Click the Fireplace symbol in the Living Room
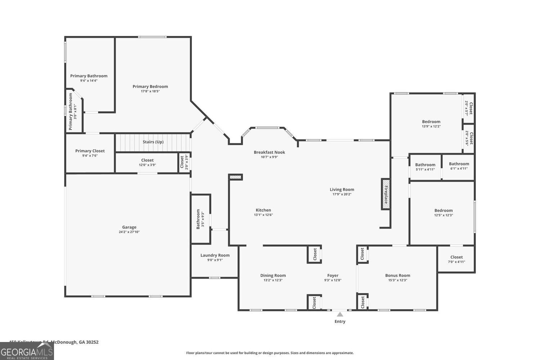pos(386,194)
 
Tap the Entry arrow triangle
pos(340,314)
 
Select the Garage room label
pos(129,227)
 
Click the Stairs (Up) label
pos(153,142)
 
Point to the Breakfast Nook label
pos(269,152)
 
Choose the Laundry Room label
pos(215,255)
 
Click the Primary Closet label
pos(90,151)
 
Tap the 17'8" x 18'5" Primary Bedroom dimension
pos(150,91)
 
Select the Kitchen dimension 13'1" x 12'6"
pos(263,215)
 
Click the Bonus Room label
pos(397,275)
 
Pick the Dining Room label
pos(273,275)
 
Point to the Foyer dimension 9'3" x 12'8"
pos(333,280)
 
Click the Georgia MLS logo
pos(27,351)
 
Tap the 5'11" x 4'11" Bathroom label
pos(425,165)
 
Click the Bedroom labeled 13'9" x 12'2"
pos(431,122)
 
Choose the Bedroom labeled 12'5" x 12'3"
pos(443,211)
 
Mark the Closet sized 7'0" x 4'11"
pos(456,257)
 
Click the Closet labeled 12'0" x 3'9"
pos(147,160)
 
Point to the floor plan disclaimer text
pos(270,353)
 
